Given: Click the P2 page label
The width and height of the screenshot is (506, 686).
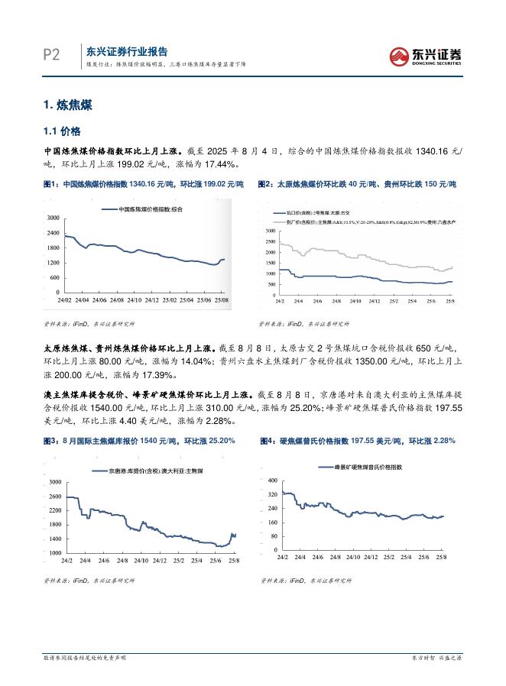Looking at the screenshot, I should point(51,55).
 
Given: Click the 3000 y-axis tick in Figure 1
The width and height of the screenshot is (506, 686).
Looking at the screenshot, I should point(53,219).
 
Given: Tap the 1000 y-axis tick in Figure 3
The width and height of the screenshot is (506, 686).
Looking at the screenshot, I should point(54,552).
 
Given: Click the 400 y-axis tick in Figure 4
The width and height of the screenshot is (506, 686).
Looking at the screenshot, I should point(270,480).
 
